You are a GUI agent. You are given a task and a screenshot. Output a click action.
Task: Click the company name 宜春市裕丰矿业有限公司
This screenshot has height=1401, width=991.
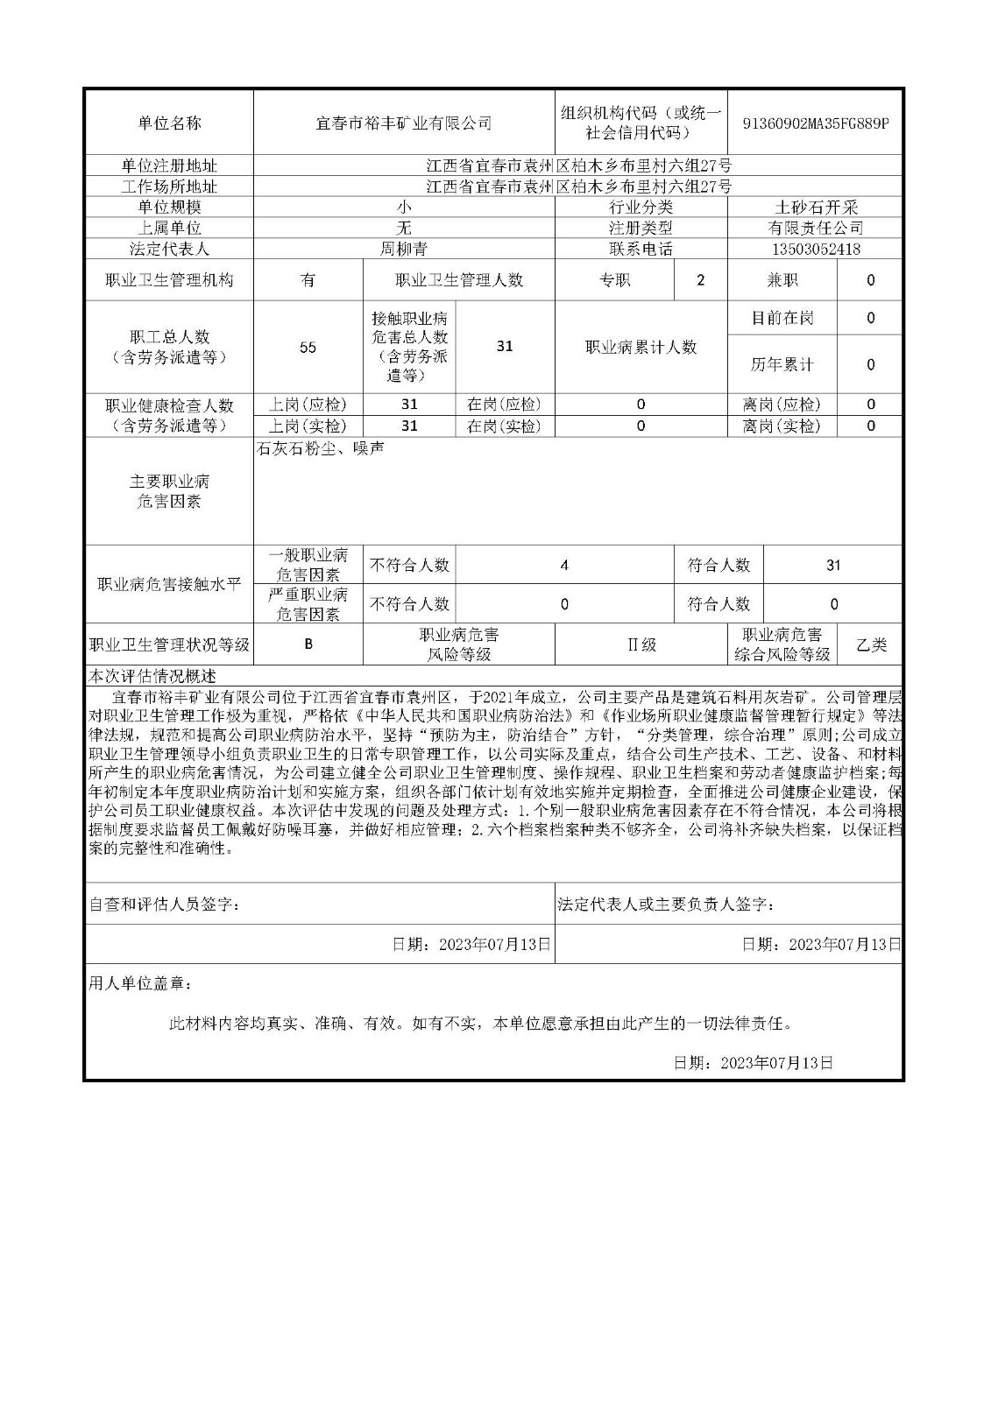(404, 123)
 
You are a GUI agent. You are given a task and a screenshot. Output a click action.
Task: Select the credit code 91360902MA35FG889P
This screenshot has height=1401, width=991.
(815, 123)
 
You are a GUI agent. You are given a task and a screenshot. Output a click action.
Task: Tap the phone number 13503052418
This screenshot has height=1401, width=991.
(815, 249)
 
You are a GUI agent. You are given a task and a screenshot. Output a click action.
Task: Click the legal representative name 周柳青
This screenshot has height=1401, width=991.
(404, 249)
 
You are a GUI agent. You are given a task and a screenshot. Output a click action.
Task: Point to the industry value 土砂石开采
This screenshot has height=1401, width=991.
(815, 208)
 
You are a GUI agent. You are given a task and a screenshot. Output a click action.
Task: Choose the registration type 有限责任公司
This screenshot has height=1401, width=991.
(815, 228)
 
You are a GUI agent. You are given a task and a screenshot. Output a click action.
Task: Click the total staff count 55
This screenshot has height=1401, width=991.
(308, 348)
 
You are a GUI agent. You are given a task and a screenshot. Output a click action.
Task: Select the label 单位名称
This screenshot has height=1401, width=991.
(169, 123)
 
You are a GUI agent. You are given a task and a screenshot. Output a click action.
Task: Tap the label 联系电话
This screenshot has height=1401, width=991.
(641, 249)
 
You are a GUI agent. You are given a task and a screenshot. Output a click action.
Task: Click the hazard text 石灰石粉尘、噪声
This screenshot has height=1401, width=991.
(320, 449)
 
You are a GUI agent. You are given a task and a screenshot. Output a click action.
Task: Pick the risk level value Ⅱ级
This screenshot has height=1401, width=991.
(641, 645)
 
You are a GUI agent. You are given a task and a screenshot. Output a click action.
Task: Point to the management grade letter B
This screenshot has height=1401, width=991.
(308, 645)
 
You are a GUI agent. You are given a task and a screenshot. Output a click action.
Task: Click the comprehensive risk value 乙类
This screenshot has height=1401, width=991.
(870, 645)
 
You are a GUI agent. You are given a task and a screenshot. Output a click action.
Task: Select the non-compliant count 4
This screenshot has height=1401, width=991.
(564, 566)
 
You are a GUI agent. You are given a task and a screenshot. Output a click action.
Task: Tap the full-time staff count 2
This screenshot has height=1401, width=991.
(700, 281)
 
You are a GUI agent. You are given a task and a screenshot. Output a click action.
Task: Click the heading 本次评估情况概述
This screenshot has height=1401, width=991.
(152, 677)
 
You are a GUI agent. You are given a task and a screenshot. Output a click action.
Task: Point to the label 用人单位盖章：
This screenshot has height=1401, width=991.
(140, 983)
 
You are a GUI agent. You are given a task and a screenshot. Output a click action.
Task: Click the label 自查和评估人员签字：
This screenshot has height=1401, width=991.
(165, 905)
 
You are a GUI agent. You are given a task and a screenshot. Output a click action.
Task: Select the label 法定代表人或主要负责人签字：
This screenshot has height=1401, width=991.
(666, 905)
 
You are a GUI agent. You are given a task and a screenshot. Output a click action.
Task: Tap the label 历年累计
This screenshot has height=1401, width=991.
(782, 364)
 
